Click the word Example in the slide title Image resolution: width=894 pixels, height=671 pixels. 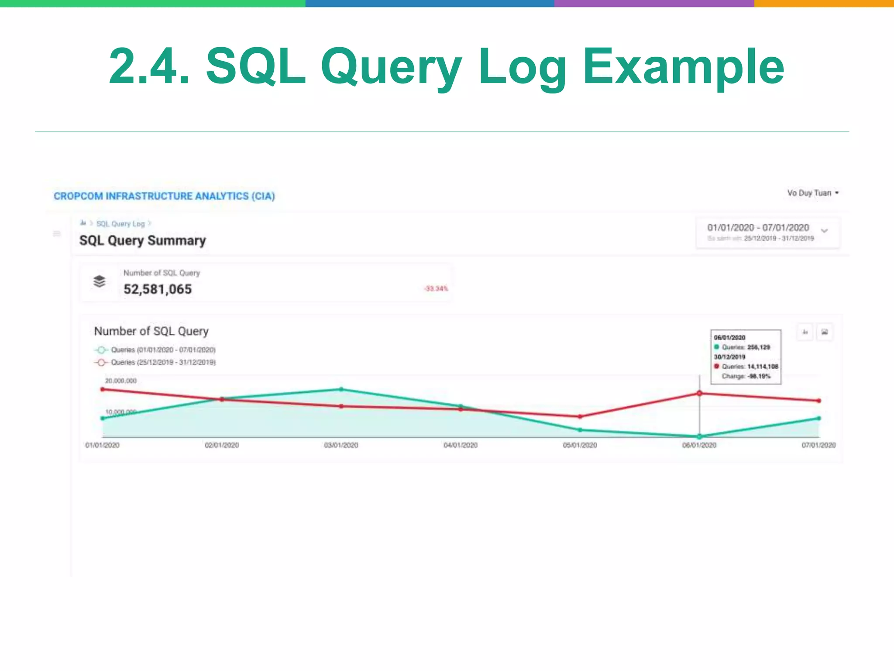(x=683, y=67)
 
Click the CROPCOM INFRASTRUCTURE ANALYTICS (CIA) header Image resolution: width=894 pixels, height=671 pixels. (x=164, y=196)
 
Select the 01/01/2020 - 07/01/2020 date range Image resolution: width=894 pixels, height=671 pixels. (x=758, y=228)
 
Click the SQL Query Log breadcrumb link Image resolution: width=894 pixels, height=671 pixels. (x=120, y=224)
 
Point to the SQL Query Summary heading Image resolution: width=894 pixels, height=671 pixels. (x=142, y=240)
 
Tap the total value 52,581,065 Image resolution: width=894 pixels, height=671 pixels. (x=158, y=289)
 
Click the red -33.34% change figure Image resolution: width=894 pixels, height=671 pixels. (x=436, y=288)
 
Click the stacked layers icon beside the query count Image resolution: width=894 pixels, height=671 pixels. (x=100, y=281)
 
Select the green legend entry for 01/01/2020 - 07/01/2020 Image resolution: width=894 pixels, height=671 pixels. (x=155, y=350)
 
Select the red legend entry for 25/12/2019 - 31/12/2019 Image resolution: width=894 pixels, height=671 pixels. (x=155, y=362)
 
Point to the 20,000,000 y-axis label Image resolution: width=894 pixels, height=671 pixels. (x=121, y=381)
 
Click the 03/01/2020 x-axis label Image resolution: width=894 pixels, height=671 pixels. (x=341, y=445)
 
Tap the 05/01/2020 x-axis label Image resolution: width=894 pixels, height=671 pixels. (x=580, y=445)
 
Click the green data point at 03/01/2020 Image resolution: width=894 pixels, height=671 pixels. (x=341, y=389)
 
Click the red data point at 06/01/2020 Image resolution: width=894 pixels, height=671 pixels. (x=699, y=394)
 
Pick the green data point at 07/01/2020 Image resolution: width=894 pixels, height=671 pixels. (x=819, y=419)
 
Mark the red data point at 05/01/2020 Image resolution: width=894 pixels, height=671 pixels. (x=580, y=417)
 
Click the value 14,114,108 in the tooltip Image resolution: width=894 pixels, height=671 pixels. (x=763, y=367)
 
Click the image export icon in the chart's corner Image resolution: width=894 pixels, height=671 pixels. (x=825, y=332)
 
